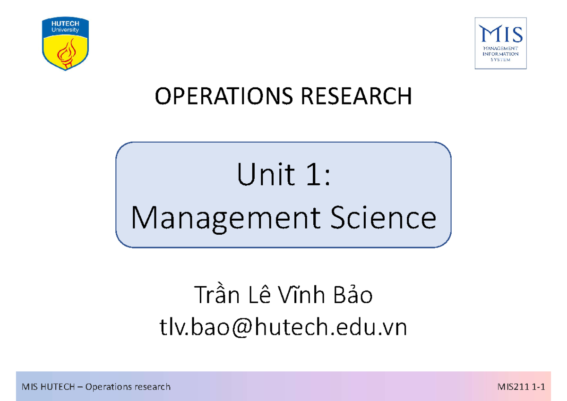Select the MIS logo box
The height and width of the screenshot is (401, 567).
point(500,43)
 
